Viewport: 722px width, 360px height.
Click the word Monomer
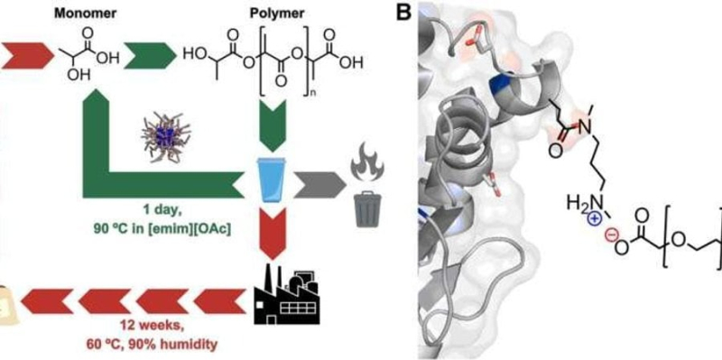coord(85,13)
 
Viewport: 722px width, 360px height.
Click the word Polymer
coord(277,13)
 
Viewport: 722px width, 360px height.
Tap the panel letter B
coord(405,14)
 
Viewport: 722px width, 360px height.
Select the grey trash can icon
coord(368,209)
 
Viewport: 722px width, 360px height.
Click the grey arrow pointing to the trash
coord(320,186)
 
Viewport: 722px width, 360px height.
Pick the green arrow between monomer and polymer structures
coord(150,56)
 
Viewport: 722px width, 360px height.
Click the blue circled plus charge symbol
coord(594,220)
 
